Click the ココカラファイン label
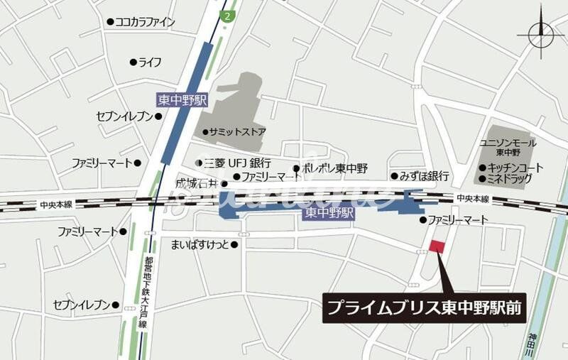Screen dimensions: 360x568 pos(145,22)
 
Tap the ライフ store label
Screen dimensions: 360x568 pos(150,62)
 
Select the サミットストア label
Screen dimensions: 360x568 pos(238,132)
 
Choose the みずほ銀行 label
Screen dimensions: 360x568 pos(424,175)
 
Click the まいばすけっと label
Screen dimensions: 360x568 pos(200,245)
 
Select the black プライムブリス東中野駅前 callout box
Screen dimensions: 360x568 pos(425,308)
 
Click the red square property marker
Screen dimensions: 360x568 pos(437,246)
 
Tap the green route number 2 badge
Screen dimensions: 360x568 pos(226,15)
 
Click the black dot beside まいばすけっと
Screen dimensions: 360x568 pos(234,245)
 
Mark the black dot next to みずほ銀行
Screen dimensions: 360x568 pos(393,176)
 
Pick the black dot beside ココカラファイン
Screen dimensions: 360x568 pos(109,23)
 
